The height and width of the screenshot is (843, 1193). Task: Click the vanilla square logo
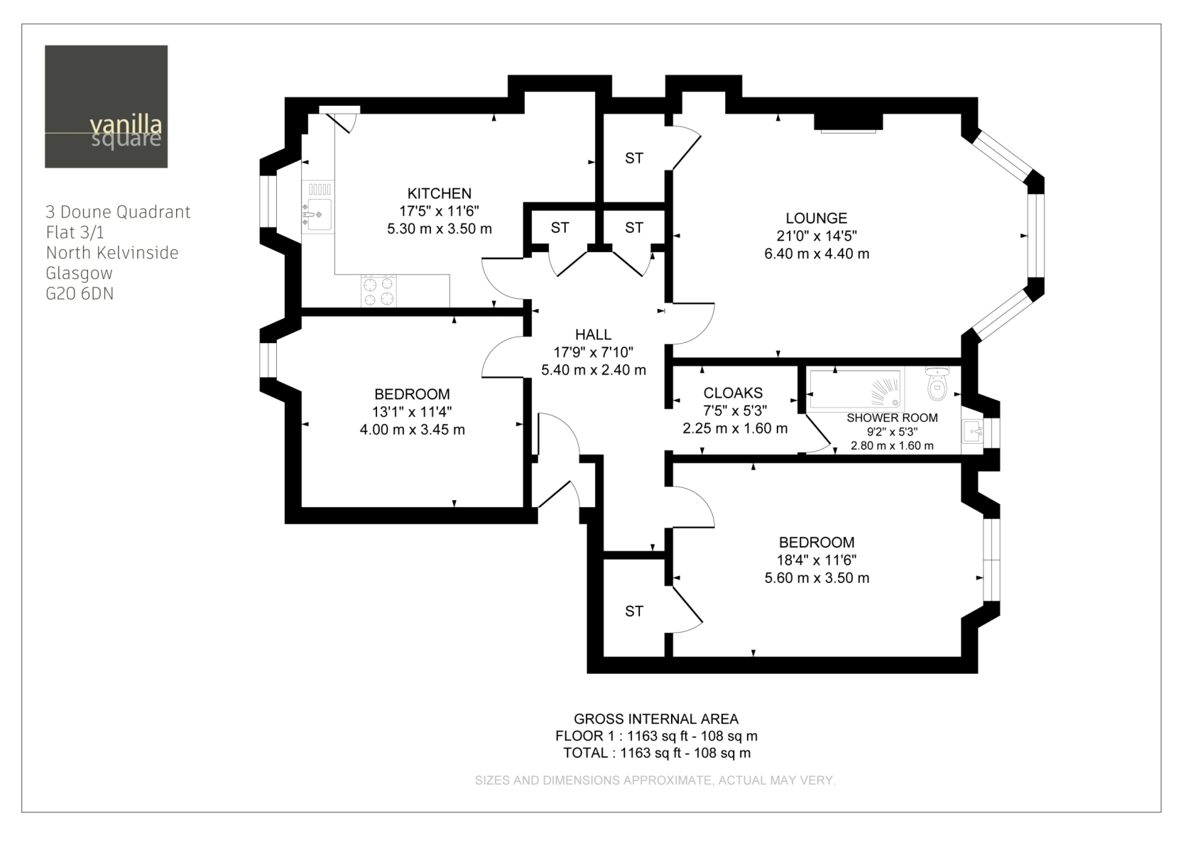click(106, 107)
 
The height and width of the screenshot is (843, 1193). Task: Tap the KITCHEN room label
click(440, 193)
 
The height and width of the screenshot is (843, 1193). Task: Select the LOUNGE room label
click(817, 218)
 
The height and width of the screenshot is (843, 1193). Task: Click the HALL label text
click(594, 335)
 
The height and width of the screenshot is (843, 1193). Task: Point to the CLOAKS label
click(733, 393)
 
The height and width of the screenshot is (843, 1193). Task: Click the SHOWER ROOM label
click(892, 418)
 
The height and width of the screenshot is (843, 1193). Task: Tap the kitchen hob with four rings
click(378, 290)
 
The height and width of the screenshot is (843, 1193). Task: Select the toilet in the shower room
click(937, 383)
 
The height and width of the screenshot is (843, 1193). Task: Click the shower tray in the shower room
click(855, 389)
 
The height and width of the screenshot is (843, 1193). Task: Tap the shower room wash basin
click(973, 431)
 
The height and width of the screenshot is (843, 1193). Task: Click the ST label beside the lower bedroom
click(633, 611)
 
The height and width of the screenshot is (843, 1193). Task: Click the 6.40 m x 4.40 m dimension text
click(817, 254)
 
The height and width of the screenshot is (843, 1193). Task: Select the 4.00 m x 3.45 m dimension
click(412, 429)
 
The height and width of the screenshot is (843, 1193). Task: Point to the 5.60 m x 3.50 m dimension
click(817, 578)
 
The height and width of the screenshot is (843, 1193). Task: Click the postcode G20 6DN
click(80, 293)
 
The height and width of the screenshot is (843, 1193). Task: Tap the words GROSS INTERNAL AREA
click(656, 719)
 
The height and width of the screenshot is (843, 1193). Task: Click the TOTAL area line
click(657, 753)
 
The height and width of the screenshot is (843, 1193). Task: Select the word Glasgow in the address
click(80, 273)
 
